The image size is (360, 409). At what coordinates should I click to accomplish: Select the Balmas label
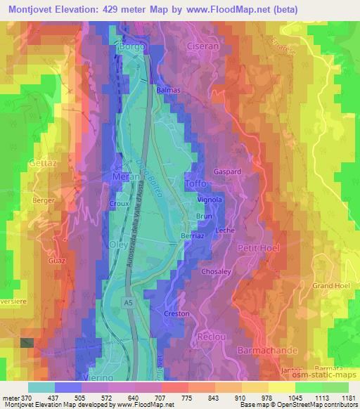coord(169,91)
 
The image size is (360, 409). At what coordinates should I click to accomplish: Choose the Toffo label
coord(196,184)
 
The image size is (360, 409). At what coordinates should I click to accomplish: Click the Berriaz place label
coord(193,237)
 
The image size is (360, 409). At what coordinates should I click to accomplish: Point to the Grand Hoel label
coord(330,286)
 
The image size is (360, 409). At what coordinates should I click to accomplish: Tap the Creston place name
coord(176,313)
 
